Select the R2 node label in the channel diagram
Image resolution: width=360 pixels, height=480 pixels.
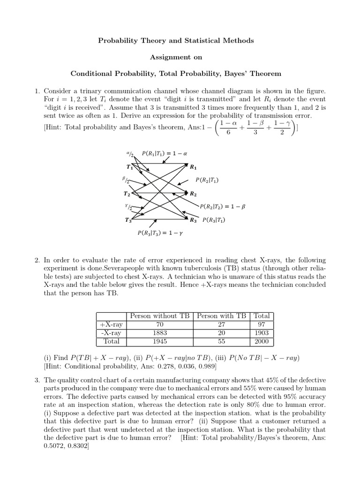[193, 194]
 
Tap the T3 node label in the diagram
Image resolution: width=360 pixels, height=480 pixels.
[128, 220]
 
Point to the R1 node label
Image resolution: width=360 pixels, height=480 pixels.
[193, 167]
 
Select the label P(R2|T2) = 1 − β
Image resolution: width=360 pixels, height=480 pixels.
[223, 206]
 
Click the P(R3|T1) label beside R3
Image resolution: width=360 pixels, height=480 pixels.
[214, 220]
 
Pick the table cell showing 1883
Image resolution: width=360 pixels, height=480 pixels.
[160, 333]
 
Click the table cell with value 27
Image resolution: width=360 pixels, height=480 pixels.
[222, 324]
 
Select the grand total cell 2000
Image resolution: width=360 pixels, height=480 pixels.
[262, 342]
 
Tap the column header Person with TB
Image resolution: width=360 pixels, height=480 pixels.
[222, 316]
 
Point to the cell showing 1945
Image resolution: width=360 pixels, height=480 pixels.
[160, 342]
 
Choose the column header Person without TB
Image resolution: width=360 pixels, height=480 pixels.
[160, 316]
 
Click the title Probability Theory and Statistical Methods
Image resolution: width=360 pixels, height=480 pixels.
[176, 41]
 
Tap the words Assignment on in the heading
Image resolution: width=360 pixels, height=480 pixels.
[176, 57]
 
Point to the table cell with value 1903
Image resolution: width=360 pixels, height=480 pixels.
[262, 333]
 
